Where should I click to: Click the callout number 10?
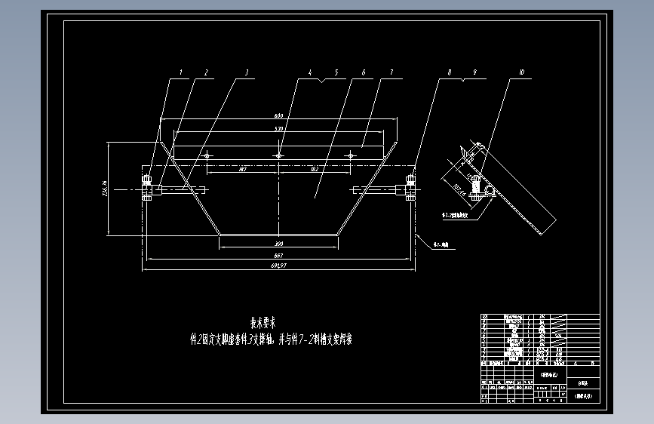point(521,73)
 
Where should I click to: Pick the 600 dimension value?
point(278,116)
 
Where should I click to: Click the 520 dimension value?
point(278,130)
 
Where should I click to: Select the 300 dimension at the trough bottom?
point(278,245)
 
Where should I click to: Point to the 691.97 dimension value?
point(278,266)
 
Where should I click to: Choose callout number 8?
point(450,73)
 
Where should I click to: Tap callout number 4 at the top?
point(309,73)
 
